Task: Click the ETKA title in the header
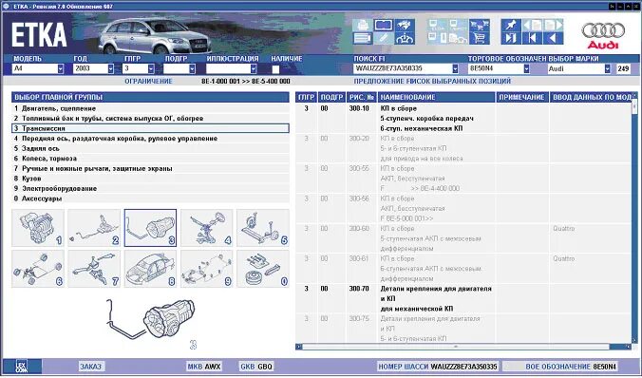pos(40,34)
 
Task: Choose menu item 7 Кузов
pos(28,179)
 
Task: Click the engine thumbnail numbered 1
pos(37,228)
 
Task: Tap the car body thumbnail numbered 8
pos(149,268)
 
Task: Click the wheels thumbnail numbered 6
pos(37,268)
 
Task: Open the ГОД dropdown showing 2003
pos(91,68)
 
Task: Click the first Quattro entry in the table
pos(564,228)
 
